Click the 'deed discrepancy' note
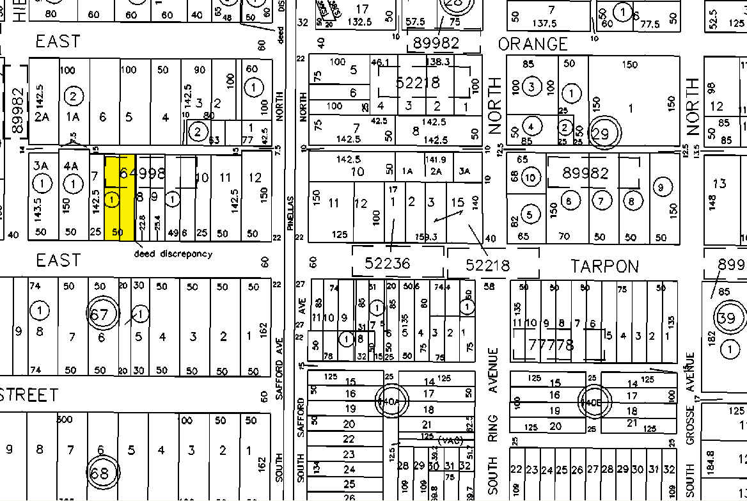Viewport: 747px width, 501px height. click(x=173, y=254)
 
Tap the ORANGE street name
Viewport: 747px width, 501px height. click(x=533, y=44)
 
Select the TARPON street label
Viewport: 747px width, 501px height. click(x=604, y=266)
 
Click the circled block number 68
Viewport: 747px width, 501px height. click(x=100, y=473)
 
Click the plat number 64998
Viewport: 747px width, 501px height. click(x=141, y=173)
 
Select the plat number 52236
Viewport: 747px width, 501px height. click(x=388, y=264)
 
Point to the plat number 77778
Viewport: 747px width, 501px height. click(x=552, y=346)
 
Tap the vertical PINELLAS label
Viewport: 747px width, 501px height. click(x=289, y=213)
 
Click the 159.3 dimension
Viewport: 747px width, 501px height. click(x=426, y=237)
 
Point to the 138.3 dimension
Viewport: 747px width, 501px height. click(x=437, y=62)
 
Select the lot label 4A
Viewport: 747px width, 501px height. click(x=70, y=166)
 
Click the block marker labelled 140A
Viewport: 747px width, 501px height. click(x=391, y=401)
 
